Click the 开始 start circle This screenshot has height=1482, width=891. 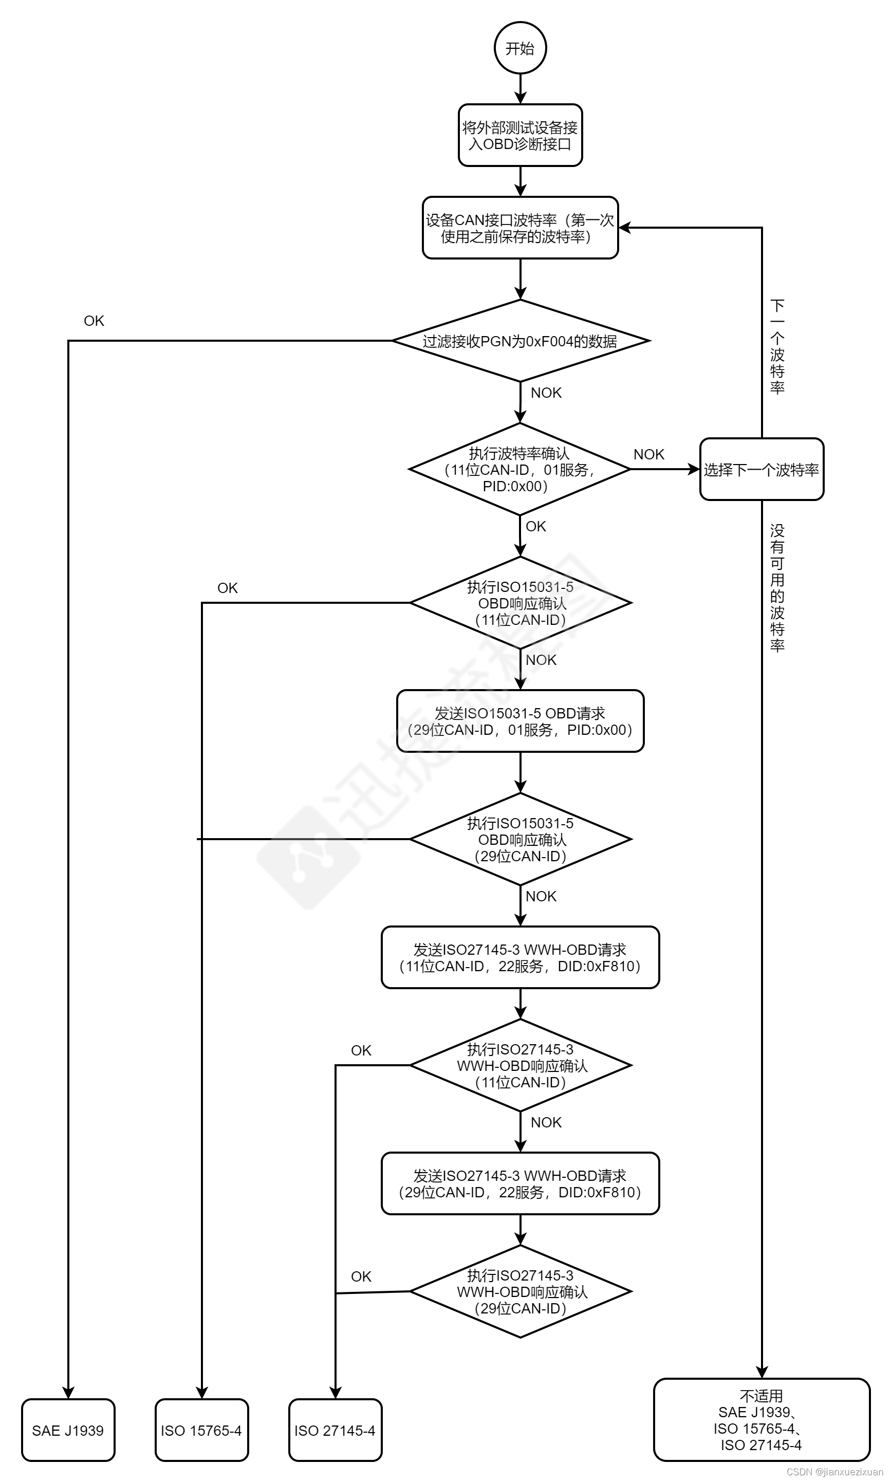520,48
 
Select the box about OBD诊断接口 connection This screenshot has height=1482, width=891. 520,136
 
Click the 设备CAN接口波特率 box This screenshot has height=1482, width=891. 520,228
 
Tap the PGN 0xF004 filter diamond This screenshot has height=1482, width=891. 520,341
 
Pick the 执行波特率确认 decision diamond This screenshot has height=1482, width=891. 520,469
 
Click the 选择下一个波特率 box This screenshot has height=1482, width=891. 762,469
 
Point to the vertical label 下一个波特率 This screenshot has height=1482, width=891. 777,347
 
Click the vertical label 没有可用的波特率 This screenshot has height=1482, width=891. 777,588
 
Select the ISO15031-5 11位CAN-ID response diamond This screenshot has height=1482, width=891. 520,603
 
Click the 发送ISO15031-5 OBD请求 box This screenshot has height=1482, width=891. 520,721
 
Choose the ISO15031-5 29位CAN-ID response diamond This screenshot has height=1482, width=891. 520,839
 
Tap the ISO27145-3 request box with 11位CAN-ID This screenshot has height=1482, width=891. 520,958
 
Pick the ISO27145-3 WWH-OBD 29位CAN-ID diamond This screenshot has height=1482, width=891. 520,1292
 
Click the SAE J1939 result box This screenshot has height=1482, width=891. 68,1431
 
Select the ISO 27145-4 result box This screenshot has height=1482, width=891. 335,1431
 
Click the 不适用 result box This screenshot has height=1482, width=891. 762,1420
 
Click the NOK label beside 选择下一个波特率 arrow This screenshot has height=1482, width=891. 648,454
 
